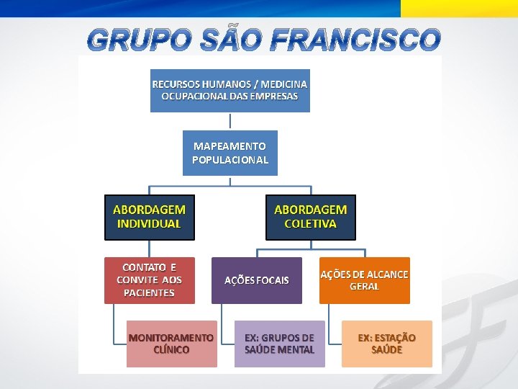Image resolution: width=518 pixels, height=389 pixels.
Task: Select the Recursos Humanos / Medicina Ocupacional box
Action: [x=230, y=90]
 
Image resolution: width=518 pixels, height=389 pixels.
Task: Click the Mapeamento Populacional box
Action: [x=230, y=153]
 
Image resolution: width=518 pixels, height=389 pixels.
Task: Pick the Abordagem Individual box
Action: [x=149, y=216]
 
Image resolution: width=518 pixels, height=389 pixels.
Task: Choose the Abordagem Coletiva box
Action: [x=310, y=216]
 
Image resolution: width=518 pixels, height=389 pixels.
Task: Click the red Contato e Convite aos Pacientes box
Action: [x=149, y=280]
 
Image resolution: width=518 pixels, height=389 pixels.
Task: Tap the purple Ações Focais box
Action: [x=256, y=280]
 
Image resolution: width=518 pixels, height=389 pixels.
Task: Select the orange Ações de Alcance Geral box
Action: [x=364, y=280]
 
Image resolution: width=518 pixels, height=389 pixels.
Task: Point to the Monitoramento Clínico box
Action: [x=171, y=344]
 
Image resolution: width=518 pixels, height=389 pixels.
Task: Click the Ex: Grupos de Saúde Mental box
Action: [x=279, y=344]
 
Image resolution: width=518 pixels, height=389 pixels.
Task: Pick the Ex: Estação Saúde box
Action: [x=386, y=344]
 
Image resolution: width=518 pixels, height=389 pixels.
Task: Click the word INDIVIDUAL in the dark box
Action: [x=149, y=223]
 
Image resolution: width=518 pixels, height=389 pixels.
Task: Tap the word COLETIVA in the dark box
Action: [x=310, y=223]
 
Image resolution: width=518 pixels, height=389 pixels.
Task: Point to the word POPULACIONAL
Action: [x=230, y=160]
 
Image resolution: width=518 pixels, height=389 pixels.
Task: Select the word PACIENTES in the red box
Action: [x=149, y=292]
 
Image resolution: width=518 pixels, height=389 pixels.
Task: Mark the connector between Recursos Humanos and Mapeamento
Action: [x=230, y=121]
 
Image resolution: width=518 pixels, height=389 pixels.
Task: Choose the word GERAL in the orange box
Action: [x=364, y=286]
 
